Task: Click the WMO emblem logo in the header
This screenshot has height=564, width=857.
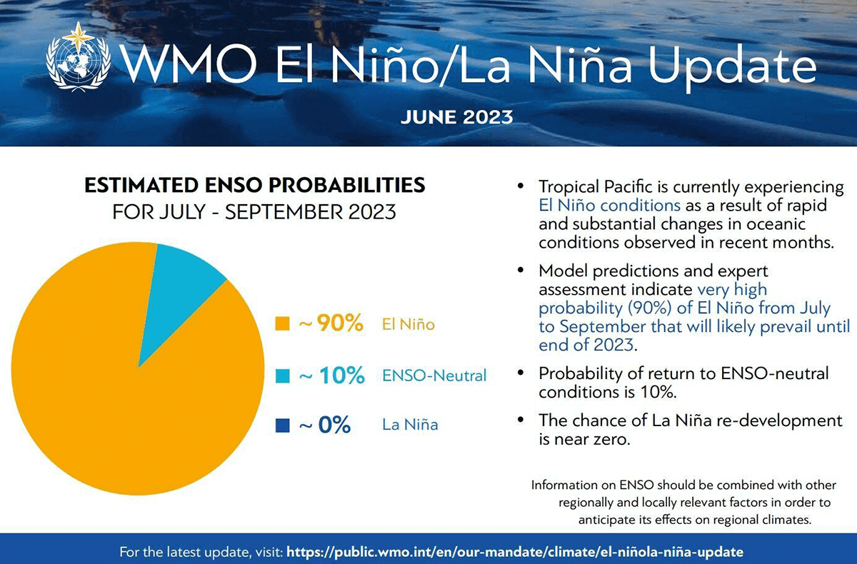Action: (x=76, y=59)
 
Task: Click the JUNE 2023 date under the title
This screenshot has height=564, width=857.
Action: (x=456, y=116)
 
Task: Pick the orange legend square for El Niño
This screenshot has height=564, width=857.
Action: (x=282, y=325)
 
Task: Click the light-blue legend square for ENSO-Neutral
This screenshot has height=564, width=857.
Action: (x=282, y=376)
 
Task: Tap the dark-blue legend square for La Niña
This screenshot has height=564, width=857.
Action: (x=282, y=425)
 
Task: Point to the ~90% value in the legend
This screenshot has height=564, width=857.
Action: (x=331, y=324)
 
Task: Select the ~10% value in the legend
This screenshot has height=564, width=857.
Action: (x=331, y=376)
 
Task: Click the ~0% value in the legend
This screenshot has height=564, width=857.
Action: (x=324, y=425)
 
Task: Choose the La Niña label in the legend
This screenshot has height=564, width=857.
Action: (x=410, y=425)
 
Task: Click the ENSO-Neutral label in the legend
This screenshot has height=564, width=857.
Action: (x=434, y=376)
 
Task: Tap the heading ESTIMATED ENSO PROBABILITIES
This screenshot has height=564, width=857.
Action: (x=254, y=186)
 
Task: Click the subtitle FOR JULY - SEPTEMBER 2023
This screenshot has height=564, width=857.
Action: (x=254, y=213)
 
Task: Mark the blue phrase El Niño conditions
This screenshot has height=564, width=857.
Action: (x=608, y=206)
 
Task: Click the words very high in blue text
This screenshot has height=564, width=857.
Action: (x=732, y=289)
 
